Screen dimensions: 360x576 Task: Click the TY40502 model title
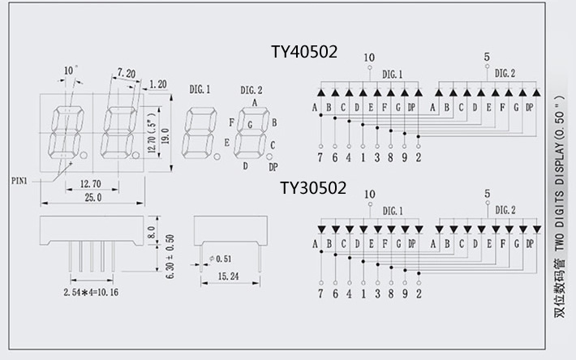point(303,52)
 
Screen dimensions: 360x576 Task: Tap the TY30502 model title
point(313,188)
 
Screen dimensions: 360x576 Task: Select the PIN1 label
point(19,181)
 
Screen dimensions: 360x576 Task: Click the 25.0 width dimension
point(92,197)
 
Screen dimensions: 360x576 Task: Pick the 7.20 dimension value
point(126,73)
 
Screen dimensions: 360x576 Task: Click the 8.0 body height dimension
point(150,233)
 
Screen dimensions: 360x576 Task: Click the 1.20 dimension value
point(158,84)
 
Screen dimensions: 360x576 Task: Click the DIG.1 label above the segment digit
point(200,88)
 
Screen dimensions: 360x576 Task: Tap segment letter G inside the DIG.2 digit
point(250,125)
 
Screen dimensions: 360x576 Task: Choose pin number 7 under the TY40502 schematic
point(321,158)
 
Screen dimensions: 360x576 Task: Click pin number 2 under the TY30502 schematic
point(418,294)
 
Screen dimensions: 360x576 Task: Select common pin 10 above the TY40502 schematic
point(370,57)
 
